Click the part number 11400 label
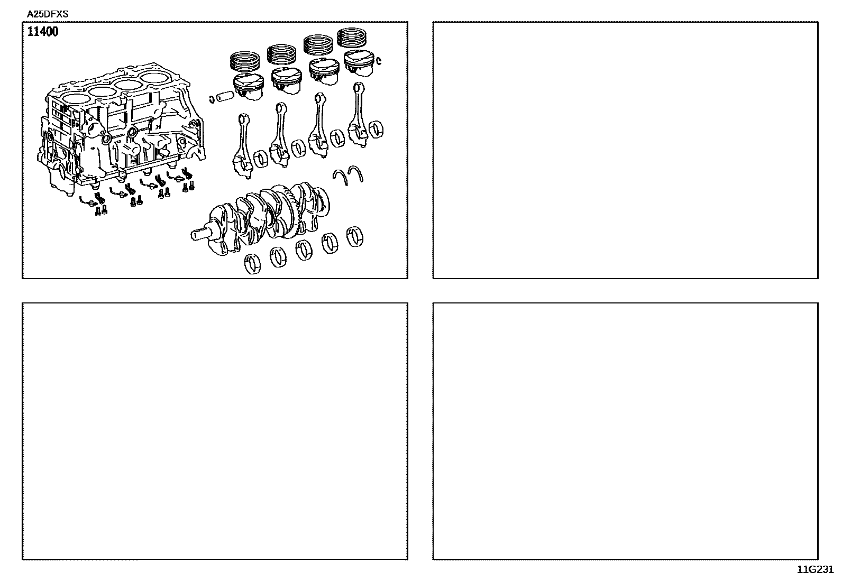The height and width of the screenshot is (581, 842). [x=43, y=32]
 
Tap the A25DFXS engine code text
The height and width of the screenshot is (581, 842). [x=48, y=14]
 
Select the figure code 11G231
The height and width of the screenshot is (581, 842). [x=816, y=570]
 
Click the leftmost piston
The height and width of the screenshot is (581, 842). [x=249, y=86]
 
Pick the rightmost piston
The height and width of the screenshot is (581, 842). [x=359, y=62]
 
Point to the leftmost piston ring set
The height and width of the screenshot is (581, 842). [x=245, y=61]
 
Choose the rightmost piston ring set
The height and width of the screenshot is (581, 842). [x=352, y=38]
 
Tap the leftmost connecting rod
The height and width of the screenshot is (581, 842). [x=242, y=146]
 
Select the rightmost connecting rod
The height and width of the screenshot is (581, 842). [x=358, y=115]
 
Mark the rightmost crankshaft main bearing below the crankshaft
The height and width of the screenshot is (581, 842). [x=354, y=236]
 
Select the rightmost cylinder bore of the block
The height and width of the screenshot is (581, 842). [x=155, y=79]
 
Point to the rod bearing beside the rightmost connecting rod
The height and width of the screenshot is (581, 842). [x=376, y=130]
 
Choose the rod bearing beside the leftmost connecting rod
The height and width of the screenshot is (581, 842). [x=261, y=159]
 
